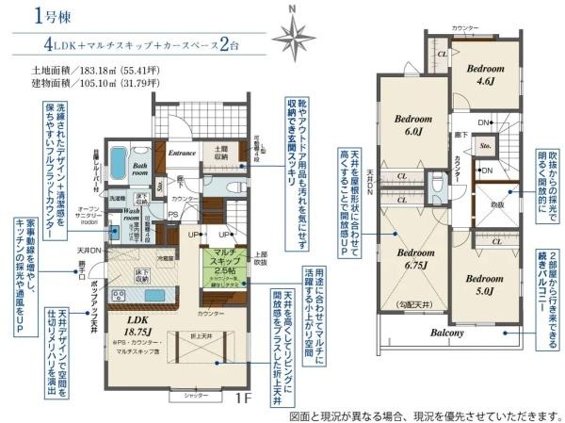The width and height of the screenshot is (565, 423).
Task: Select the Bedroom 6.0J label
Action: point(413,125)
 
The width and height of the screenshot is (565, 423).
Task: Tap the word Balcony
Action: point(448,334)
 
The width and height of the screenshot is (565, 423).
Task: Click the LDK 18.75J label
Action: point(135,325)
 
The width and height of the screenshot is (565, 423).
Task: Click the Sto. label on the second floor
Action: point(484,147)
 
